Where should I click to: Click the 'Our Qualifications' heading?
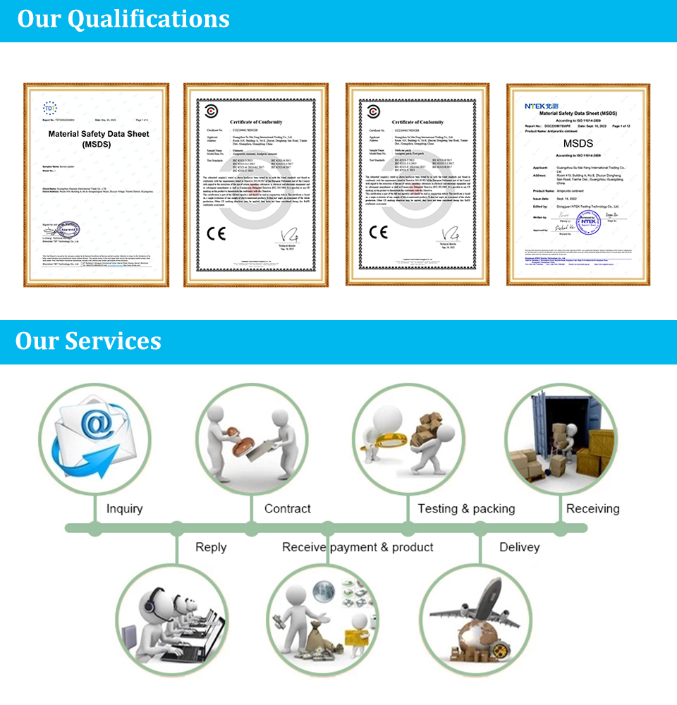click(x=123, y=19)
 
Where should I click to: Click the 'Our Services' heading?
click(x=88, y=341)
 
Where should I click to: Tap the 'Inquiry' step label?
click(x=124, y=508)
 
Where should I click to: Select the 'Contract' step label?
click(x=287, y=508)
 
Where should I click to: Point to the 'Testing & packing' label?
click(x=466, y=508)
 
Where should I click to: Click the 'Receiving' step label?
click(x=592, y=508)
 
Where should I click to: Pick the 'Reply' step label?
click(x=211, y=547)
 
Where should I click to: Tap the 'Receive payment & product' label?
click(x=358, y=547)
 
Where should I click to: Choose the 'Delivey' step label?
click(x=519, y=547)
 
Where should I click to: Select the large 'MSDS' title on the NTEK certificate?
click(x=578, y=144)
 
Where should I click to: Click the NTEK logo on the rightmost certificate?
click(x=540, y=106)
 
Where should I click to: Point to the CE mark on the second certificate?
click(x=216, y=232)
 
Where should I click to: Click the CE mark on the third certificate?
click(x=378, y=231)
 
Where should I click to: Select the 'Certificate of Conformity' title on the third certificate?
click(x=417, y=122)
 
